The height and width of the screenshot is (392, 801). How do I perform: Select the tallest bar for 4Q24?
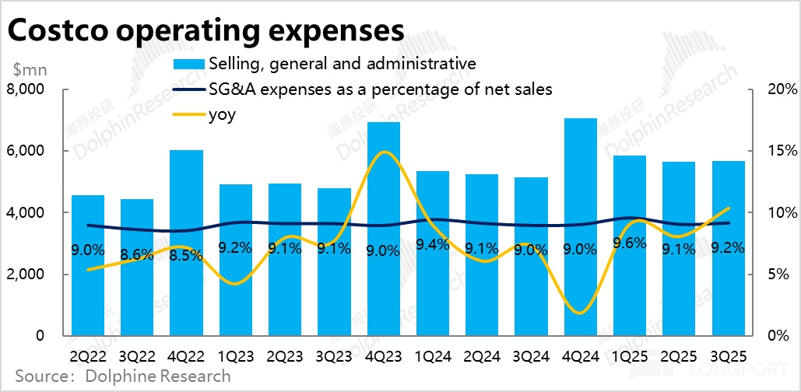580,226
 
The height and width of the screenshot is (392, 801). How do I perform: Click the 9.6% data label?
630,243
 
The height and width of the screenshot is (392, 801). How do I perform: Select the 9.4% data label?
432,246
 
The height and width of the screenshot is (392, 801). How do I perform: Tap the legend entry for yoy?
222,114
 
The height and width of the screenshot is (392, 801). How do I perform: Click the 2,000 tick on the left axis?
27,275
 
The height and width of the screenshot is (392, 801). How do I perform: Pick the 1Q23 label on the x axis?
235,355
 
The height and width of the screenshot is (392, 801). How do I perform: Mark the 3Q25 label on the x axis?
727,355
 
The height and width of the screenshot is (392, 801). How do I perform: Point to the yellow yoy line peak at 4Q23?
384,152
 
